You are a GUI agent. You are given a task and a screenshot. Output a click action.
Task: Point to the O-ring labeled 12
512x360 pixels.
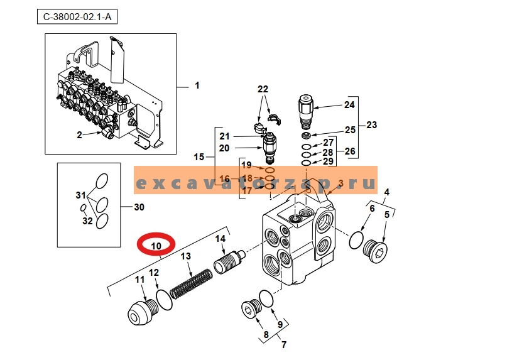[164, 299]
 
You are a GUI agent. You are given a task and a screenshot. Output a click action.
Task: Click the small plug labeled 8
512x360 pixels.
[251, 310]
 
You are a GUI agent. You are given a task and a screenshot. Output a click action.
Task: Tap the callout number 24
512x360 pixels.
[350, 105]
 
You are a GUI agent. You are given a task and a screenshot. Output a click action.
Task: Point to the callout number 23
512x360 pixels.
[371, 125]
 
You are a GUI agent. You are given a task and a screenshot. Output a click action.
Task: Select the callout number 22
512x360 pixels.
[262, 89]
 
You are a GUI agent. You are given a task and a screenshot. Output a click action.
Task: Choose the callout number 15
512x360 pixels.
[199, 156]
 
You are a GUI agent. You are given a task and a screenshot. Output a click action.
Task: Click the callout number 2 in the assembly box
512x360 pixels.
[80, 134]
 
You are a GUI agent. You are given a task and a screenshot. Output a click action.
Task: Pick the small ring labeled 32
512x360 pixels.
[82, 209]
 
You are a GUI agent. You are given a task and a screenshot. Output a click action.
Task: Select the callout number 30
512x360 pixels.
[140, 207]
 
